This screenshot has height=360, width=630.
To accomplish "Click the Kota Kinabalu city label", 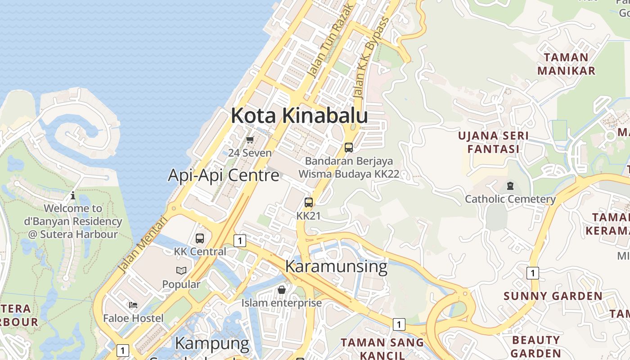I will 299,116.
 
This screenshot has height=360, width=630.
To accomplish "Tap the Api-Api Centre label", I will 224,175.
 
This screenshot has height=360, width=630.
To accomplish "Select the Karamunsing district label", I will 336,266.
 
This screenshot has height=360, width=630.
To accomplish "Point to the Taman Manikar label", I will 566,64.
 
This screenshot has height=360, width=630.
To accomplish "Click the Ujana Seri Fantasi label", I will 493,142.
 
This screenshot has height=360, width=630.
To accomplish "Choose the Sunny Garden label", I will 553,296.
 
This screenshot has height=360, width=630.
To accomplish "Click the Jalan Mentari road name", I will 142,244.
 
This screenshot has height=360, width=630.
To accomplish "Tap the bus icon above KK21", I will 308,202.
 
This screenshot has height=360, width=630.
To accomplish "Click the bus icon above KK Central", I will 200,238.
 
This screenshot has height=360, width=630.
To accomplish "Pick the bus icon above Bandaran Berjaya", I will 348,147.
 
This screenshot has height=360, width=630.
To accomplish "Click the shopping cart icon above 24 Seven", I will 250,139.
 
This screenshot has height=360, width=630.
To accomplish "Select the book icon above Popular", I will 181,271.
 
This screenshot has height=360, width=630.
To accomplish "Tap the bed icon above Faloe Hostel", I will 133,305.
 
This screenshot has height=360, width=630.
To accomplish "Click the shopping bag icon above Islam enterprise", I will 282,290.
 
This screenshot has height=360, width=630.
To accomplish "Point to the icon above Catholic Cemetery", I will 510,185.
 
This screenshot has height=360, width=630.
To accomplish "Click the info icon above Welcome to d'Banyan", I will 73,195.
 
